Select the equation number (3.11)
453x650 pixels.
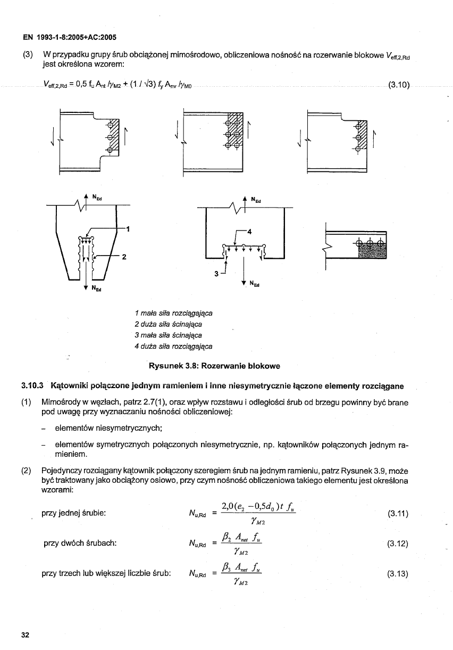pos(398,514)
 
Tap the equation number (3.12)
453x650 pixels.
pos(398,544)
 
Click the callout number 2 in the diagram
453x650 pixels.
pos(124,257)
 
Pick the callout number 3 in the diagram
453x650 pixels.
pos(216,274)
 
